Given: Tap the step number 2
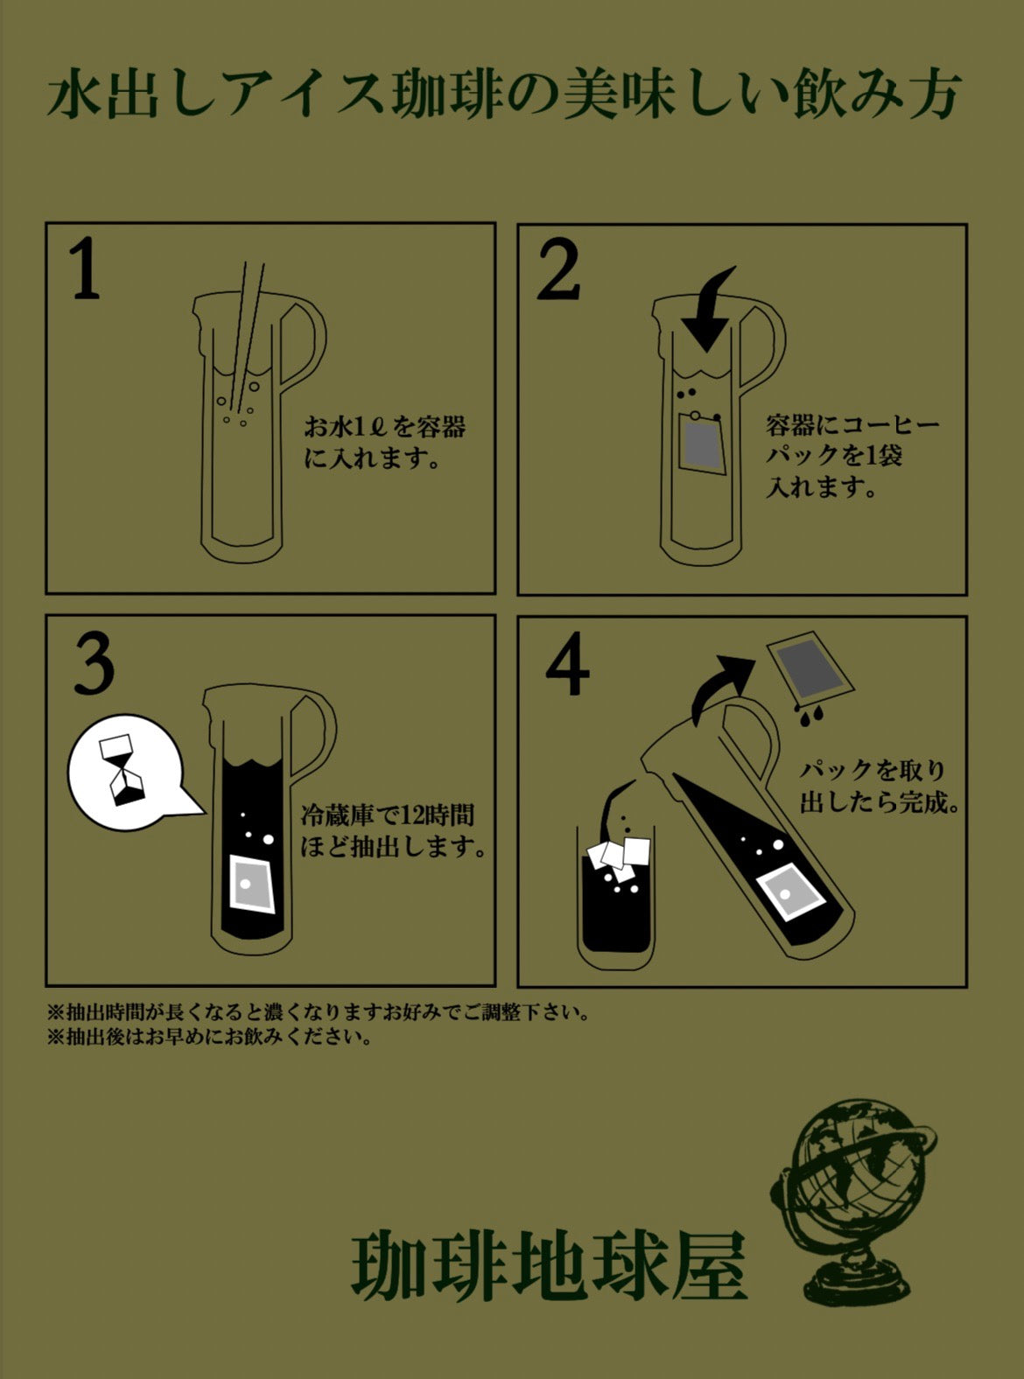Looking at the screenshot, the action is [558, 269].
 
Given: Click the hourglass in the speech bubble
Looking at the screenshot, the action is [124, 770].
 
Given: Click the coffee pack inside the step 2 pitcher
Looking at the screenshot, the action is [702, 444].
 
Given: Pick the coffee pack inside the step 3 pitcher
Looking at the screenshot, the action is [251, 884].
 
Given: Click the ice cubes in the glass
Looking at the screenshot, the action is [620, 858].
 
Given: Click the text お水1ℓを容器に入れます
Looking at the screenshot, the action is [384, 443].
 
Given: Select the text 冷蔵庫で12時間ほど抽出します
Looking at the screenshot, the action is [393, 831].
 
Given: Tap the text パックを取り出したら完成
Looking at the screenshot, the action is [880, 787].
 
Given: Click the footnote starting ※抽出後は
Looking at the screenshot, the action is [210, 1038].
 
